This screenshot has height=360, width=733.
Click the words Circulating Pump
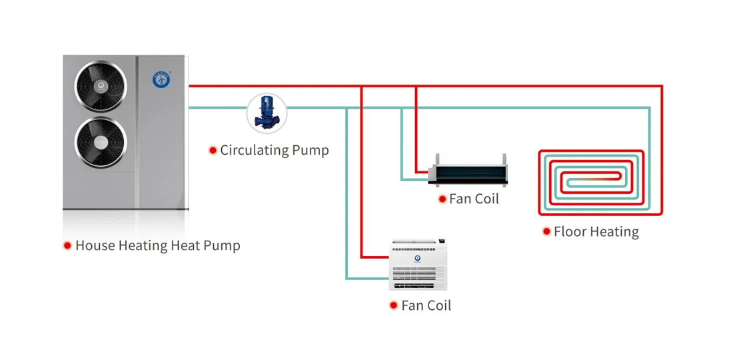point(275,150)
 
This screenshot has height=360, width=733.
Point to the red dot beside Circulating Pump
point(213,150)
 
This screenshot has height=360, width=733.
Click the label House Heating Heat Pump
point(157,245)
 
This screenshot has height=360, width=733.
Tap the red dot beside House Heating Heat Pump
point(67,245)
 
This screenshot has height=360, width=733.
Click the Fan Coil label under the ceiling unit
point(474,199)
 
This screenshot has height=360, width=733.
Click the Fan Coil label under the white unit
point(426,305)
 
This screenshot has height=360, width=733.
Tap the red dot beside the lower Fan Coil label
point(394,305)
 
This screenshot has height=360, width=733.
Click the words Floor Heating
point(596,232)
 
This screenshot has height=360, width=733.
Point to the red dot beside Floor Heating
point(547,232)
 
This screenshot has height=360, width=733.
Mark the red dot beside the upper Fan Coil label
point(442,199)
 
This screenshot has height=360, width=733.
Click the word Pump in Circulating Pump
point(312,150)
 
